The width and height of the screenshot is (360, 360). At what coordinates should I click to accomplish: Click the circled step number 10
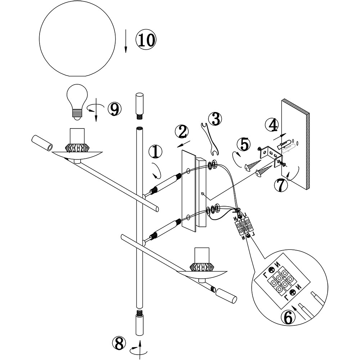(146, 39)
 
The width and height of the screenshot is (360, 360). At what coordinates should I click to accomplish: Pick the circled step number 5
(244, 144)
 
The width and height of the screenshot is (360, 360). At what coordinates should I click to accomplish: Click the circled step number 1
(155, 152)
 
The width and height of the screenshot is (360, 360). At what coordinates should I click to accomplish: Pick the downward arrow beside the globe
(126, 41)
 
